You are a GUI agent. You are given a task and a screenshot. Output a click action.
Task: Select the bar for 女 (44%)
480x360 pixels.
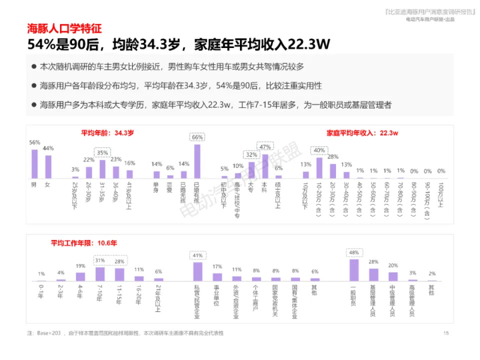pos(48,167)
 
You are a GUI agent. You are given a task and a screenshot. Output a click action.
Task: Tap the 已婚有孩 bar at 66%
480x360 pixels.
pos(197,161)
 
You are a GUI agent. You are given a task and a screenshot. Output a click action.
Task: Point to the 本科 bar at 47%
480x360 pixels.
pos(265,166)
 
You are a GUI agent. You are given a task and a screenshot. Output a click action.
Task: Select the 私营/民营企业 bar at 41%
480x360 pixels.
pos(197,271)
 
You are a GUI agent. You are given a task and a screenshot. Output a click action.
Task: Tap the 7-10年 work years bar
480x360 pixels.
pos(100,274)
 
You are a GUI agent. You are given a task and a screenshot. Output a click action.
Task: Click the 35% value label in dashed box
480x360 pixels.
pos(102,152)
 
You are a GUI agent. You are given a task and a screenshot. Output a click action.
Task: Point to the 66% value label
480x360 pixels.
pos(197,137)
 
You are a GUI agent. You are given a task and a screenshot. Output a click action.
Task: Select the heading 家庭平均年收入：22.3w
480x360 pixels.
pos(362,133)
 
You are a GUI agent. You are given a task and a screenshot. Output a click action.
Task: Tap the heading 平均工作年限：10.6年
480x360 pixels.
pos(84,243)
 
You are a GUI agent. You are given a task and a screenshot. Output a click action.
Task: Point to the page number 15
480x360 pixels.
pos(446,333)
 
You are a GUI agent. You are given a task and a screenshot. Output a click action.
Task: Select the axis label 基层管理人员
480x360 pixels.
pos(373,300)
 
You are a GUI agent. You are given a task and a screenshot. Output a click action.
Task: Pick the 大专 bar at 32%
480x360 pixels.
pos(251,170)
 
